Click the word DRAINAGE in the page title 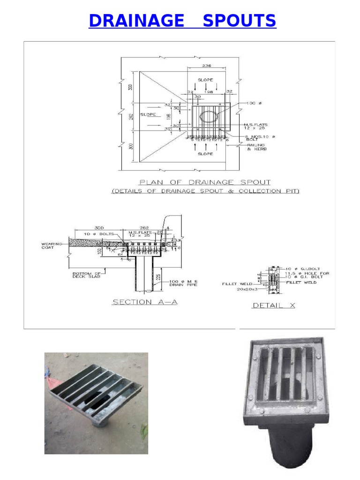tap(136, 21)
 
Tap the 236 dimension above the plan tap(206, 66)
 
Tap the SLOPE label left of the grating tap(148, 114)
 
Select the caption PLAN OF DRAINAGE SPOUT tap(205, 182)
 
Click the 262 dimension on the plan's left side tap(132, 116)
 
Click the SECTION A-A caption tap(144, 302)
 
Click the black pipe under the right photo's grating tap(285, 443)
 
